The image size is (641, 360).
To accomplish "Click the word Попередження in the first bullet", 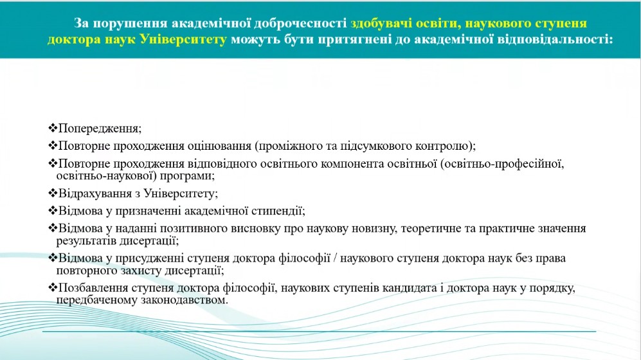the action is tap(98, 129).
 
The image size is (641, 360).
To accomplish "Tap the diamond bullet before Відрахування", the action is tap(53, 193).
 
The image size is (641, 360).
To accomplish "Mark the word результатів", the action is tap(86, 241).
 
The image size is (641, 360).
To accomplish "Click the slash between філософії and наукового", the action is tap(335, 258).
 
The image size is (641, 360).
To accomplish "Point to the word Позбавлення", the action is tap(94, 289).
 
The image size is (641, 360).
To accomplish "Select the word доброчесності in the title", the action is tap(300, 23).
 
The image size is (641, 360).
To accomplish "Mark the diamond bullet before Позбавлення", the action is tap(53, 287).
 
